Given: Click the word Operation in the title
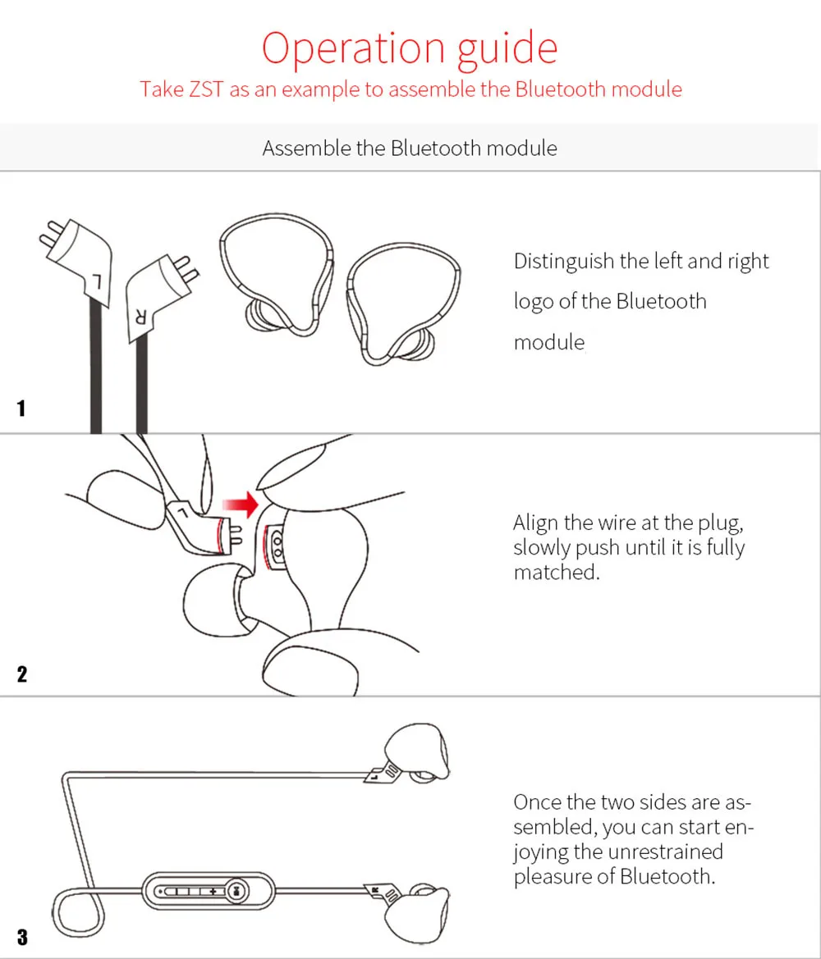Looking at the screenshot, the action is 354,48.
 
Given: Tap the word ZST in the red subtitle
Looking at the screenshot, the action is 206,89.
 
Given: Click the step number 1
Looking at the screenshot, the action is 21,408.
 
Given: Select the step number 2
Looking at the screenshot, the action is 22,674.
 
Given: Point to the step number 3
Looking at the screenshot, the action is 22,937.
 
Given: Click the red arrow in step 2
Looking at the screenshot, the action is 241,505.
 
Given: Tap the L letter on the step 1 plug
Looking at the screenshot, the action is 96,282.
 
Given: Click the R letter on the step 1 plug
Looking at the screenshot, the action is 140,317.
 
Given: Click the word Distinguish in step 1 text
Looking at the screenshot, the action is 564,262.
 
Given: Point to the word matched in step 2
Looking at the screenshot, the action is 557,573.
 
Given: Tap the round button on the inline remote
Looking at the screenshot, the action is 237,891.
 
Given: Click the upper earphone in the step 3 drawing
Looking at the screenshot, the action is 416,751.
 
